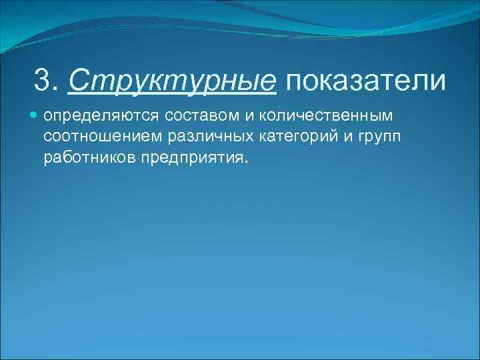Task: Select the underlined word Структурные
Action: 171,81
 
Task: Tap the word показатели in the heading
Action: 365,81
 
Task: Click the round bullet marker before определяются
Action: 35,116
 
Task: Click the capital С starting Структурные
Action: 77,81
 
